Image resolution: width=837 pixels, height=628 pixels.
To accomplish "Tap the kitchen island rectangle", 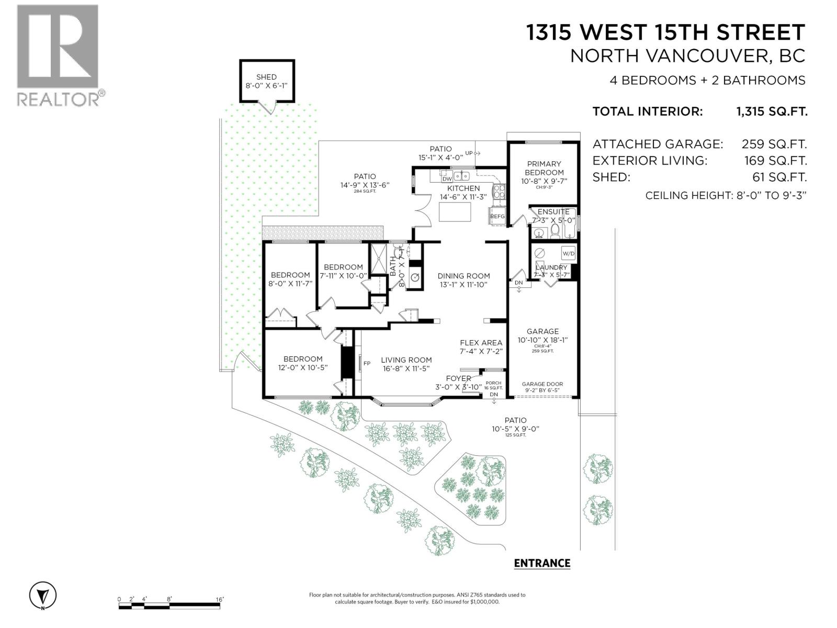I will [454, 212].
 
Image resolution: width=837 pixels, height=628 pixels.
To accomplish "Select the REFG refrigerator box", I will [497, 216].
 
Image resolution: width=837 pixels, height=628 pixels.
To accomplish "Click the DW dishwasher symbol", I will [447, 178].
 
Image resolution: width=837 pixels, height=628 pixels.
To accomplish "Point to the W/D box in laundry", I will [568, 254].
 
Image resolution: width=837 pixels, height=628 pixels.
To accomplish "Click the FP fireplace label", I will [367, 363].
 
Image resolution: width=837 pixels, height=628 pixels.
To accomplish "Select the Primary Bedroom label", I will [544, 168].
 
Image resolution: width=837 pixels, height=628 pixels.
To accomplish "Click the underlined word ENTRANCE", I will [542, 563].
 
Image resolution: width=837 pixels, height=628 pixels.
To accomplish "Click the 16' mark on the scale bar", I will [219, 599].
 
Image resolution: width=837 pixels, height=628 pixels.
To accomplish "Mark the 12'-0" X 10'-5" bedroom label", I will [303, 363].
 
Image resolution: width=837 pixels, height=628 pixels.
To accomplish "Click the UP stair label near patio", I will [469, 153].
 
